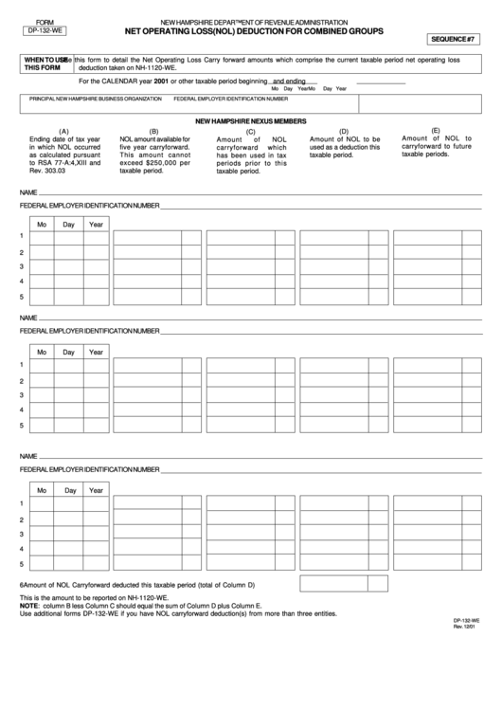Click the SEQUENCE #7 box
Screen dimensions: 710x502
[457, 40]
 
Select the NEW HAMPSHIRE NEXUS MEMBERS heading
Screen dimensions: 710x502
[251, 122]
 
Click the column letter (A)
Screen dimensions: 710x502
[63, 131]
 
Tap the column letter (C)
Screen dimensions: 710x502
[250, 131]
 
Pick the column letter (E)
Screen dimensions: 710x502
[436, 130]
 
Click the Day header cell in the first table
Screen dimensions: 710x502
[69, 225]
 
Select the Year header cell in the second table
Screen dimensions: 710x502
[97, 352]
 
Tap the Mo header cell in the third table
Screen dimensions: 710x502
[41, 490]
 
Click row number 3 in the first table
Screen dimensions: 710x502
[22, 267]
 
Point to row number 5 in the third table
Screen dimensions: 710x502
[22, 564]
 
